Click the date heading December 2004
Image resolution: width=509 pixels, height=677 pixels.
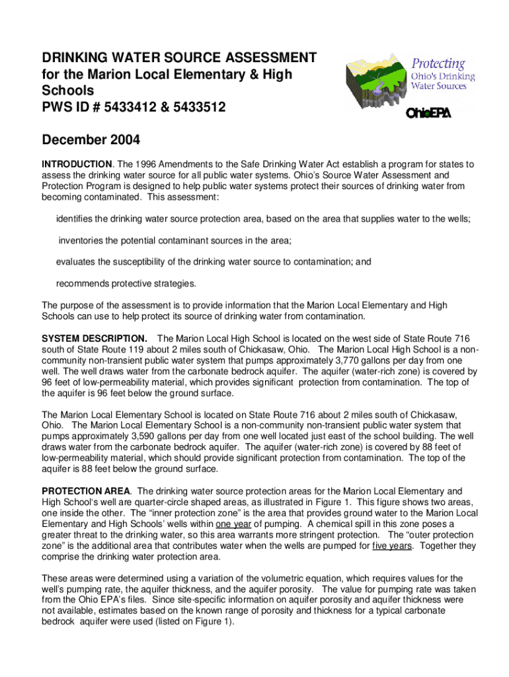(91, 140)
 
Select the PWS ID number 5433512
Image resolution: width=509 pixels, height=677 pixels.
(200, 106)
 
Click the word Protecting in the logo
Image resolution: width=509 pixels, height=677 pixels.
(439, 64)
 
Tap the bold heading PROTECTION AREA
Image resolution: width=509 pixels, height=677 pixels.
(86, 491)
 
